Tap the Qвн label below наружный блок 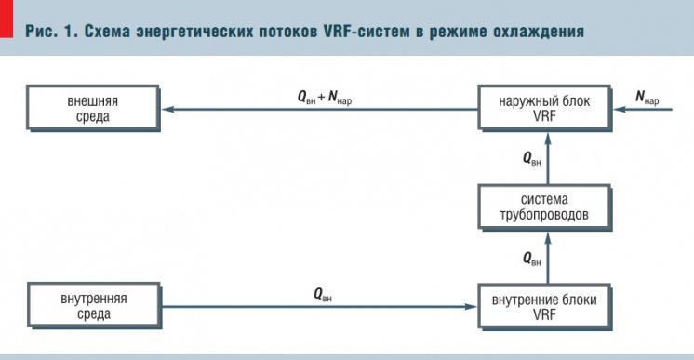[532, 159]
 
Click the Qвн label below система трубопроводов [532, 258]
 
